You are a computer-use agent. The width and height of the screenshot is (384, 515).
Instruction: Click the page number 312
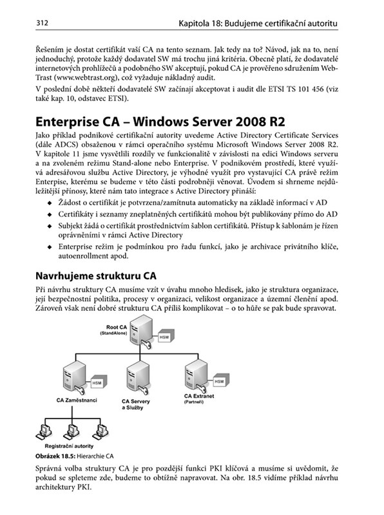pyautogui.click(x=42, y=23)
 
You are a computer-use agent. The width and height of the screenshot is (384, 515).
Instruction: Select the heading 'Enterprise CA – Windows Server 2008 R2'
pyautogui.click(x=160, y=122)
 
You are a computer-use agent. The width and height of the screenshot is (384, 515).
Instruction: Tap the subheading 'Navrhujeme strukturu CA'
pyautogui.click(x=96, y=276)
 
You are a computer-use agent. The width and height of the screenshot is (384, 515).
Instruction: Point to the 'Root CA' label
pyautogui.click(x=117, y=327)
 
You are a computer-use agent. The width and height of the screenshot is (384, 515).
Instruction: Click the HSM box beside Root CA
pyautogui.click(x=166, y=336)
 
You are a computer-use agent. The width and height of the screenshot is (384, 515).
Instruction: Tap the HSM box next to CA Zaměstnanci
pyautogui.click(x=98, y=382)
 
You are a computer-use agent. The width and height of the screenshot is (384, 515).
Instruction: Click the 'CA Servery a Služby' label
pyautogui.click(x=135, y=404)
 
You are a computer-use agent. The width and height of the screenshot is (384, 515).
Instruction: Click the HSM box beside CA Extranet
pyautogui.click(x=220, y=381)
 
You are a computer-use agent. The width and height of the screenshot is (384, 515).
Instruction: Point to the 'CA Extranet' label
pyautogui.click(x=199, y=396)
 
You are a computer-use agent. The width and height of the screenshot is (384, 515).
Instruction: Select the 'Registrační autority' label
pyautogui.click(x=69, y=446)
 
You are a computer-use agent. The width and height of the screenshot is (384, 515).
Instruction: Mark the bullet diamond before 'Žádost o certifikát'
pyautogui.click(x=50, y=203)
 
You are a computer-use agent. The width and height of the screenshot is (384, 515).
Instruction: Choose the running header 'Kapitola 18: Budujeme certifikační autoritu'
pyautogui.click(x=258, y=23)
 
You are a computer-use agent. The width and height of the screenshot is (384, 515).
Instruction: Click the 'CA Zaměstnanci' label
pyautogui.click(x=77, y=400)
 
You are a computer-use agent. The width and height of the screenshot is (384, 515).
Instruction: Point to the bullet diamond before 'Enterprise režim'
pyautogui.click(x=50, y=247)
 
